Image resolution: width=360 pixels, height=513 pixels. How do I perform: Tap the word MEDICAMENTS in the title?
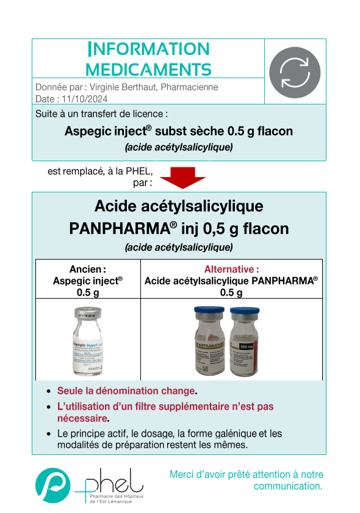tap(148, 68)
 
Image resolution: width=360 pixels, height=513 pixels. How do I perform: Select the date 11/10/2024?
tap(84, 98)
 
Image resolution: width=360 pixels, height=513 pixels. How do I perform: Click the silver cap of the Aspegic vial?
tap(84, 315)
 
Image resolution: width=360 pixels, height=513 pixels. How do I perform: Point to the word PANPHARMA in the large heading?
tap(118, 228)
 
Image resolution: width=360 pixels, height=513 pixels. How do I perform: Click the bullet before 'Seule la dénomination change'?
tap(49, 391)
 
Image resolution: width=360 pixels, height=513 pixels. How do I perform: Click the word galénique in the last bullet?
tap(232, 434)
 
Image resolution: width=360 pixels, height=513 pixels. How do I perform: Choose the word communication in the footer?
tap(286, 486)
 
